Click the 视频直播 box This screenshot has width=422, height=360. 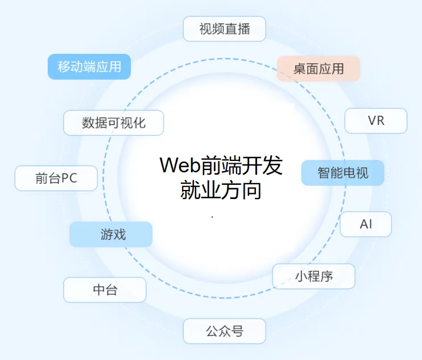click(225, 29)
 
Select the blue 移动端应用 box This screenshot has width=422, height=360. click(89, 67)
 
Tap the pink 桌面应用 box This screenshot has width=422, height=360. click(318, 69)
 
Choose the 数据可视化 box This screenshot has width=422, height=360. click(114, 123)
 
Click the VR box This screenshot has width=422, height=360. click(376, 121)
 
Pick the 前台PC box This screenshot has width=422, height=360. click(56, 178)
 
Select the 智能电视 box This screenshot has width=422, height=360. click(342, 173)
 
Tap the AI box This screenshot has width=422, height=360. click(366, 224)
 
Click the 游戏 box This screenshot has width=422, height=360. click(111, 234)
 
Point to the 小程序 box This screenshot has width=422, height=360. click(314, 276)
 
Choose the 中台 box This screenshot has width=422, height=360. click(105, 290)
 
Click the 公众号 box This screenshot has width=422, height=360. click(225, 331)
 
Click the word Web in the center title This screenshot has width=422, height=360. click(180, 165)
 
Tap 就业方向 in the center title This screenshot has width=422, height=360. click(221, 190)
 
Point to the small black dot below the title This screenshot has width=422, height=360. click(212, 217)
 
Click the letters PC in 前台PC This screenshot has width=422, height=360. click(69, 178)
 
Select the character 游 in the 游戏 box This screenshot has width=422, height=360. click(106, 234)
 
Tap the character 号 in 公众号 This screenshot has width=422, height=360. click(237, 331)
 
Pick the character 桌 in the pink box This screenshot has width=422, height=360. click(300, 69)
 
